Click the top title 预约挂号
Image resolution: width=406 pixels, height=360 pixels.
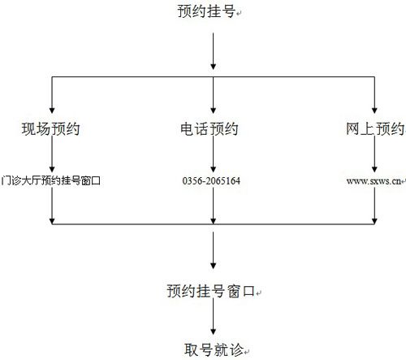coord(206,11)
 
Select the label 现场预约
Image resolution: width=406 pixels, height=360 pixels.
coord(50,128)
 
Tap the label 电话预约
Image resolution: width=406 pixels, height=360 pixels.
coord(209,128)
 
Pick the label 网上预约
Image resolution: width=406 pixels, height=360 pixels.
coord(375,128)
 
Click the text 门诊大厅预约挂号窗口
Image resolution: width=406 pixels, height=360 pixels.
coord(50,180)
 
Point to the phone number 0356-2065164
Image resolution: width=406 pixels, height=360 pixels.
coord(211,180)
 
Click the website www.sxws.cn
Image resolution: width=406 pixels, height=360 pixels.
coord(374,181)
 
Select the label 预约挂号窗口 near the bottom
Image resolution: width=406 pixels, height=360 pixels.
coord(211,291)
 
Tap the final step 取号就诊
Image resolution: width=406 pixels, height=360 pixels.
coord(214,349)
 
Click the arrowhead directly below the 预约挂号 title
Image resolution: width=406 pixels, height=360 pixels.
coord(214,67)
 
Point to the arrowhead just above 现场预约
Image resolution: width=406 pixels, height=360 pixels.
coord(52,111)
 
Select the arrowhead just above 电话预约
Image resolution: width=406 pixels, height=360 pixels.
coord(214,111)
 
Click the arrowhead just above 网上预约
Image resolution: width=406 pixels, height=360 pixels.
coord(374,111)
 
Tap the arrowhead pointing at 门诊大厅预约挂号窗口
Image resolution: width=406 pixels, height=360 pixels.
coord(52,169)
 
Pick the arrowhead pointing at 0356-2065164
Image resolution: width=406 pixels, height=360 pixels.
coord(214,169)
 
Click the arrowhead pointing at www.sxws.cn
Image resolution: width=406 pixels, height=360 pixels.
coord(374,169)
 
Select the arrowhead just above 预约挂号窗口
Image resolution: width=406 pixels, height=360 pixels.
coord(214,266)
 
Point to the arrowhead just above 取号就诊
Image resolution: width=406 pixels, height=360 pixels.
coord(214,332)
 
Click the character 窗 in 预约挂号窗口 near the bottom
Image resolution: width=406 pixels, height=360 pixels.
coord(233,291)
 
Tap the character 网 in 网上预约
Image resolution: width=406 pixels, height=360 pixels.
coord(352,128)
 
